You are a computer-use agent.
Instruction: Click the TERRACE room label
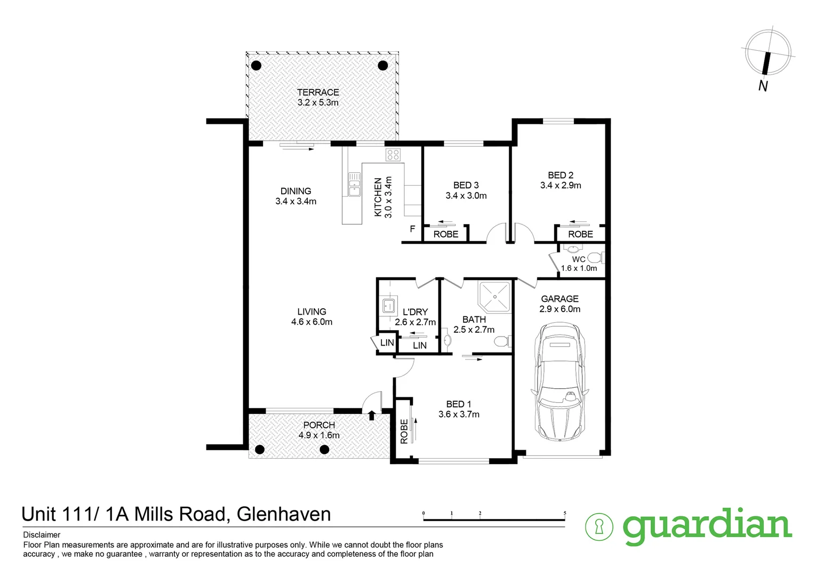coord(318,92)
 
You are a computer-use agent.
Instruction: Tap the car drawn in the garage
coord(560,382)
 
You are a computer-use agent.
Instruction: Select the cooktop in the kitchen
coord(393,155)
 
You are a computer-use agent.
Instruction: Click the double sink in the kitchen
coord(354,184)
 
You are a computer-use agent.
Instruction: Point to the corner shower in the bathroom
coord(494,297)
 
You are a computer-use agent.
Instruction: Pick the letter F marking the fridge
coord(412,229)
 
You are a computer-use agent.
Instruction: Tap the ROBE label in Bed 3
coord(446,234)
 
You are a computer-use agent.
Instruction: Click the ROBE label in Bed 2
coord(580,234)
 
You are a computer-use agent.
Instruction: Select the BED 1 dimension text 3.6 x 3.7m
coord(459,414)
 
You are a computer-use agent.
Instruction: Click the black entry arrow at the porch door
coord(371,415)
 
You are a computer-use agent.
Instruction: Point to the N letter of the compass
coord(763,86)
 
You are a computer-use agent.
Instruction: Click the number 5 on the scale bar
coord(565,513)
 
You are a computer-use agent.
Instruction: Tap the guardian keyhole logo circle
coord(599,526)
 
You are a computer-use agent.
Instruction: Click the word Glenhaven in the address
coord(284,514)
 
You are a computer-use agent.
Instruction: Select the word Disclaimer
coord(42,535)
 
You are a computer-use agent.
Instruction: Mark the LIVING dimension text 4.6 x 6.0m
coord(311,322)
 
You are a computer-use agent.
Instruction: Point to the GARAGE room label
coord(560,299)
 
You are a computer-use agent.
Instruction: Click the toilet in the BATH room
coord(502,342)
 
